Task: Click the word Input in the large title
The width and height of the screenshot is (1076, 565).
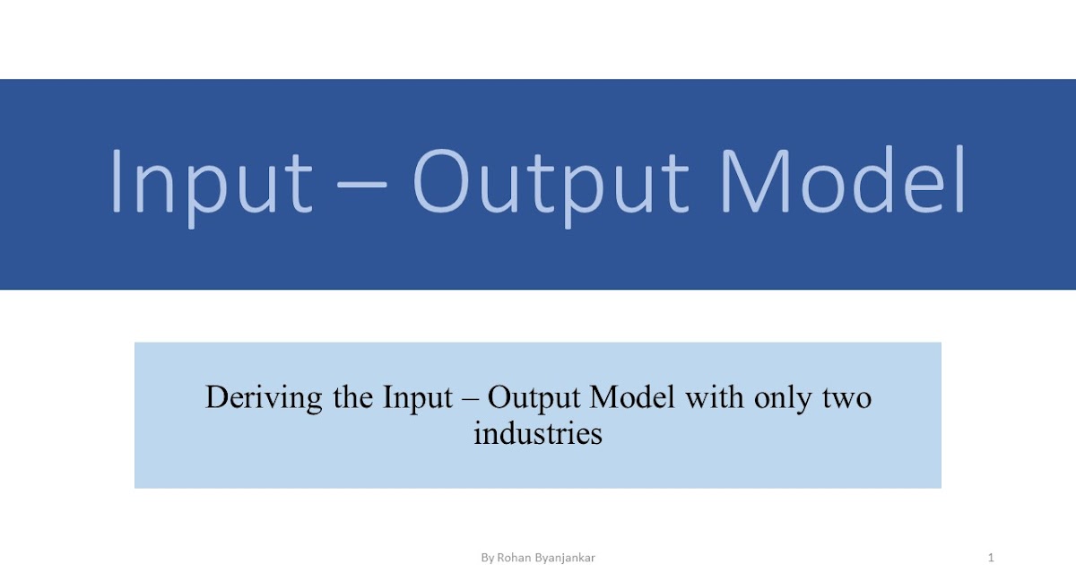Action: coord(210,184)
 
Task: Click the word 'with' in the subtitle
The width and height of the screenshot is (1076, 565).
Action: coord(712,396)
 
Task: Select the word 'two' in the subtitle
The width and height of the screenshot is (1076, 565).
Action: coord(846,396)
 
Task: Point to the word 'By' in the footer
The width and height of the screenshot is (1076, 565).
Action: coord(488,558)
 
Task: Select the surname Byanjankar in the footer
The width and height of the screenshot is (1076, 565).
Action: coord(564,558)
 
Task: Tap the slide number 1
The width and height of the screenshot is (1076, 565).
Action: coord(991,558)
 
